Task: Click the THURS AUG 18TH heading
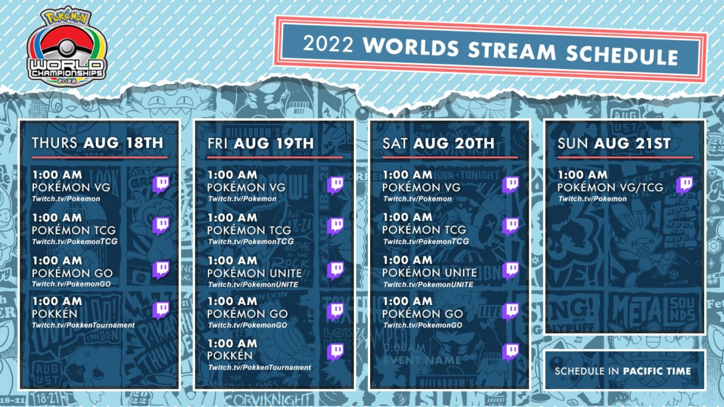pos(97,143)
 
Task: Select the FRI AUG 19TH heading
pos(260,143)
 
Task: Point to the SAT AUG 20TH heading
pos(438,143)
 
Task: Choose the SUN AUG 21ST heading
pos(614,143)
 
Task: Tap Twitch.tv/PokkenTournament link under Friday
pos(259,367)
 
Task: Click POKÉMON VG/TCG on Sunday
pos(610,187)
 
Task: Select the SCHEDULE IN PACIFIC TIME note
pos(623,371)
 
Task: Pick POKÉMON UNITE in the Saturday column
pos(429,272)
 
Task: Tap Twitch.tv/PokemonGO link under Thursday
pos(71,284)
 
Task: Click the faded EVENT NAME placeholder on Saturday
pos(422,360)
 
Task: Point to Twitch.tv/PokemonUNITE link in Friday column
pos(253,285)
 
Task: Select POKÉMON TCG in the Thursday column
pos(74,230)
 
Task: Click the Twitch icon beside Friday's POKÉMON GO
pos(335,311)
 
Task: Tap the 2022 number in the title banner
pos(328,44)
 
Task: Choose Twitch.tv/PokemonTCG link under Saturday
pos(426,242)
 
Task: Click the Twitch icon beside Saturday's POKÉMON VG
pos(511,184)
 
